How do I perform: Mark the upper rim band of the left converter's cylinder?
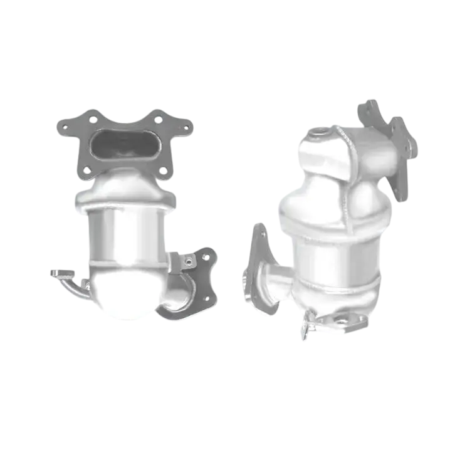(x=125, y=206)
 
